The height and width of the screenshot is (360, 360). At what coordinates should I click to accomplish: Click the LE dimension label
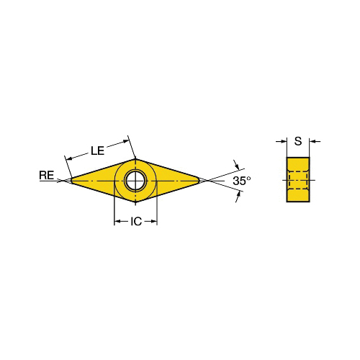(98, 150)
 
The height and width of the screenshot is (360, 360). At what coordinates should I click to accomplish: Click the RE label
(47, 175)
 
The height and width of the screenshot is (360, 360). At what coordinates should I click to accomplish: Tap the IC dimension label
(136, 222)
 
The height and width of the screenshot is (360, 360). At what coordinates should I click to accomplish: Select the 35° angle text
(241, 181)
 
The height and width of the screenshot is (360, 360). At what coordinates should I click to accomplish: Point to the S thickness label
(298, 141)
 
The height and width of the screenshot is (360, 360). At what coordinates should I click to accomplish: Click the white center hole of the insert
(135, 181)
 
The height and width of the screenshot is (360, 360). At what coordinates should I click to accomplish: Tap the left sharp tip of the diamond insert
(72, 181)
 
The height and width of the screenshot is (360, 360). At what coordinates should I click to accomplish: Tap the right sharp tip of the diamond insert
(199, 181)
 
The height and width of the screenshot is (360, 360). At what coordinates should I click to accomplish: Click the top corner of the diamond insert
(135, 158)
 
